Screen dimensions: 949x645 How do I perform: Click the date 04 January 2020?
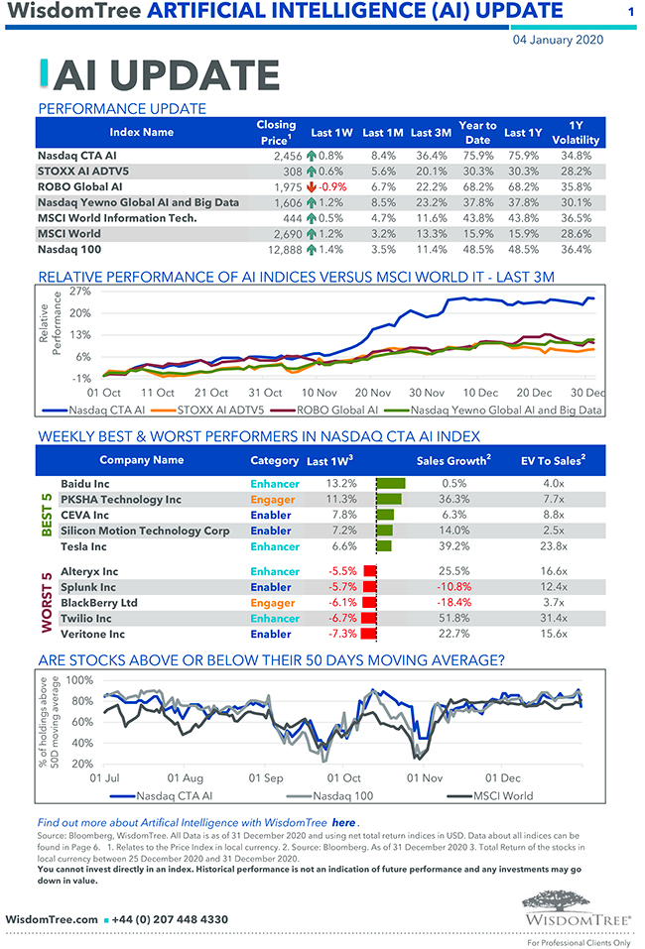pyautogui.click(x=558, y=41)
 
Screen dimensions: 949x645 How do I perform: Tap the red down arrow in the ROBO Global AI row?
pyautogui.click(x=311, y=186)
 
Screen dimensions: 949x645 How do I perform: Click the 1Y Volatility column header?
pyautogui.click(x=576, y=133)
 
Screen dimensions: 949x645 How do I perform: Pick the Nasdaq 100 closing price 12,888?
pyautogui.click(x=280, y=250)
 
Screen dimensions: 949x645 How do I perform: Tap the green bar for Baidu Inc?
pyautogui.click(x=391, y=483)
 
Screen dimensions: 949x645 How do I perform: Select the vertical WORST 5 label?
pyautogui.click(x=46, y=602)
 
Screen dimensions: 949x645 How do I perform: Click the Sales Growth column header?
pyautogui.click(x=453, y=459)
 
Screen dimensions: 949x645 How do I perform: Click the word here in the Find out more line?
pyautogui.click(x=343, y=823)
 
